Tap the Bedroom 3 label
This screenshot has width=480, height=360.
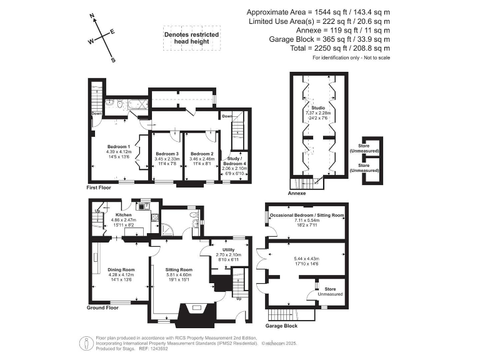(x=167, y=154)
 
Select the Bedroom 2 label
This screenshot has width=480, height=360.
(x=202, y=154)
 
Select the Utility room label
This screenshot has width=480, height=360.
(x=222, y=250)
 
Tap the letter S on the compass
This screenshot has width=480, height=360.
(x=113, y=61)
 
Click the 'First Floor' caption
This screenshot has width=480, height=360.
(x=101, y=187)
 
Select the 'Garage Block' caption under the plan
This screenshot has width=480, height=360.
(x=281, y=326)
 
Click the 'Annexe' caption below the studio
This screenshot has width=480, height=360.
(x=297, y=194)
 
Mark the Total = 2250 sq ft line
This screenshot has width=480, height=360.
(x=319, y=48)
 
